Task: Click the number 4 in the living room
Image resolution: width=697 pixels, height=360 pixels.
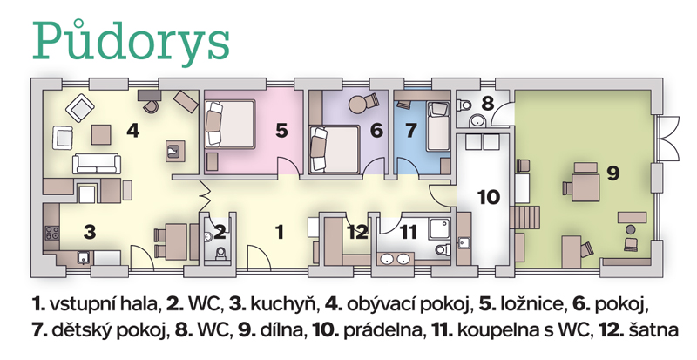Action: click(133, 130)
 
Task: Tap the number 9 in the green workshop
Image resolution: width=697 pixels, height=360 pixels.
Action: click(613, 173)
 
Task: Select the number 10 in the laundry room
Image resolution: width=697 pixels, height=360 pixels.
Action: click(489, 197)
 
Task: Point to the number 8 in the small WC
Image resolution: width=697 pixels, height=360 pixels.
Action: click(488, 104)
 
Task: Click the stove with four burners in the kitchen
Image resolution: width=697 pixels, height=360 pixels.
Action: click(51, 234)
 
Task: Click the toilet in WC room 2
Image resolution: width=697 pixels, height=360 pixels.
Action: click(220, 254)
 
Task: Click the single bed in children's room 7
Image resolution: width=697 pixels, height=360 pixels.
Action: click(438, 126)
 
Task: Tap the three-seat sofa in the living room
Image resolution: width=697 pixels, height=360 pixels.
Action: click(97, 163)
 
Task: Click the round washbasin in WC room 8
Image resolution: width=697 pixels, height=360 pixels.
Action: click(478, 120)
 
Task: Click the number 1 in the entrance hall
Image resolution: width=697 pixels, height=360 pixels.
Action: click(280, 232)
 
